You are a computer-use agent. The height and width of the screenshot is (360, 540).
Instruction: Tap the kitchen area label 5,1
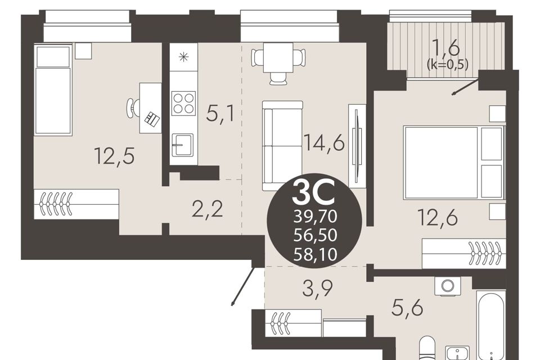point(220,114)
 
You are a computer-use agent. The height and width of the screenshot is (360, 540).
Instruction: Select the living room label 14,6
point(324,142)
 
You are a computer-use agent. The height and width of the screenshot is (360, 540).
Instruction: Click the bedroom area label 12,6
point(438,217)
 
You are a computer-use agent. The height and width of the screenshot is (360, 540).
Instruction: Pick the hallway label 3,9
point(317,289)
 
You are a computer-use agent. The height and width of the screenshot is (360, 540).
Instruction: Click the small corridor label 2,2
point(208,209)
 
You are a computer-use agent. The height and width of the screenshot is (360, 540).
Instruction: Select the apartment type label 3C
point(314,193)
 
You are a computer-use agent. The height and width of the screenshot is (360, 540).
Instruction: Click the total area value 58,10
point(315,255)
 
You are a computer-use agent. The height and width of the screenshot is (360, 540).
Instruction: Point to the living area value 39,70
point(315,217)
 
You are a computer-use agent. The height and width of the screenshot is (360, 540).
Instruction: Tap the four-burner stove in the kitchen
point(183,103)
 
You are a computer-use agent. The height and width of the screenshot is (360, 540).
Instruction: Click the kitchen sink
point(182,145)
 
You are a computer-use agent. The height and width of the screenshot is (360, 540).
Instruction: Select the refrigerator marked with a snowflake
point(184,57)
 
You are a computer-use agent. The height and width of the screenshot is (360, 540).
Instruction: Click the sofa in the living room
point(282,145)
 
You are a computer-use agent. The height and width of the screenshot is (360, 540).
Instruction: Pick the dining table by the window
point(278,58)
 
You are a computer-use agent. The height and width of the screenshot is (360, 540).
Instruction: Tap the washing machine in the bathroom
point(448,286)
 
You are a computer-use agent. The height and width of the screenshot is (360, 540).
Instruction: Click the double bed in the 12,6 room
point(454,163)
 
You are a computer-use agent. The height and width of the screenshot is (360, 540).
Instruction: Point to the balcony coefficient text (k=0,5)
point(447,64)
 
